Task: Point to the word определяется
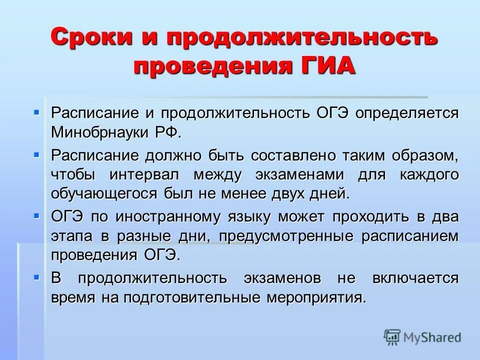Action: tap(406, 112)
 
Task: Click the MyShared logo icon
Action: tap(392, 337)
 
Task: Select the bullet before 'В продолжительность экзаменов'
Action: tap(36, 276)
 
